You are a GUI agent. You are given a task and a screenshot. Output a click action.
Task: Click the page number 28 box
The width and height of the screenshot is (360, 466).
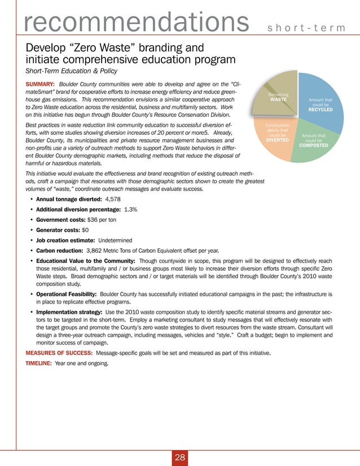click(x=180, y=458)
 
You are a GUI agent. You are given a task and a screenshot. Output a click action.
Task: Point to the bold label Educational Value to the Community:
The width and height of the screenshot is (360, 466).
click(x=85, y=261)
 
